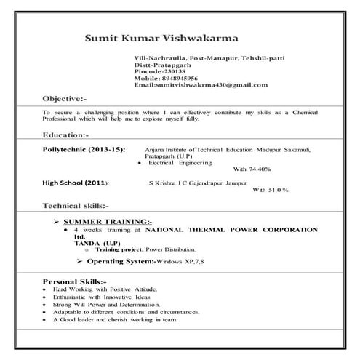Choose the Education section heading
point(66,135)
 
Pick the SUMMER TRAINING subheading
point(107,221)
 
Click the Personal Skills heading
point(75,281)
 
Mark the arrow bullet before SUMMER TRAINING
point(56,221)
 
